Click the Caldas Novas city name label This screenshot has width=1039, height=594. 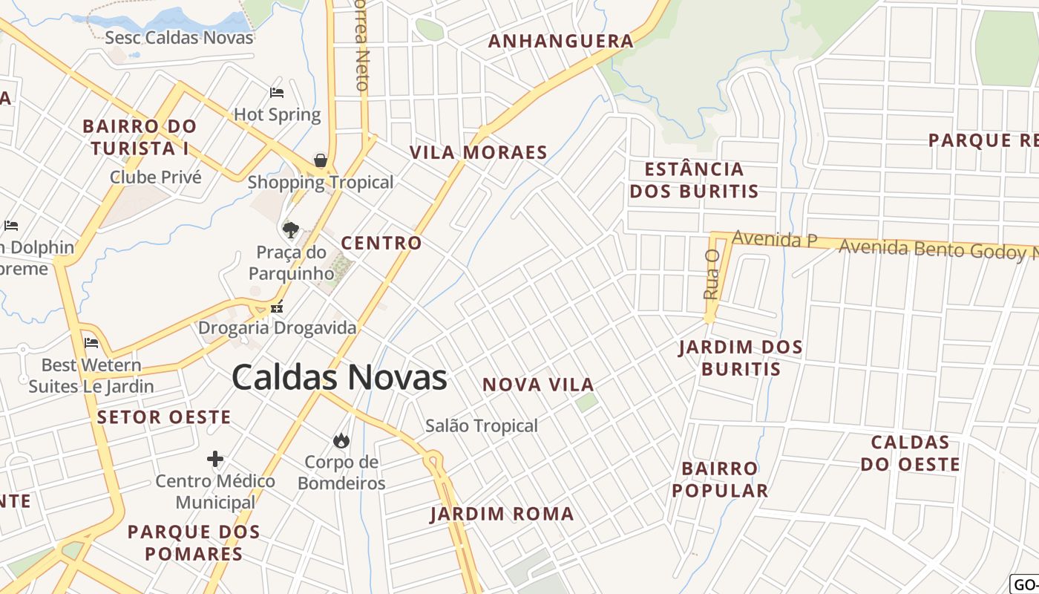[339, 377]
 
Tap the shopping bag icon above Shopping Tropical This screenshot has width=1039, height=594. [321, 160]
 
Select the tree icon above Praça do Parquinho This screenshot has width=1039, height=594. [290, 229]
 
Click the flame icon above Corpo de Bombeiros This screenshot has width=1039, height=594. [341, 440]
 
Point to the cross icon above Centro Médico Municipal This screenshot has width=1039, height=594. [215, 459]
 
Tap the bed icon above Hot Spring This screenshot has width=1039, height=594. [277, 93]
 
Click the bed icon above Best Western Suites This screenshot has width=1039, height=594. [91, 342]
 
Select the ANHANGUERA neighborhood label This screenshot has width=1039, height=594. [560, 41]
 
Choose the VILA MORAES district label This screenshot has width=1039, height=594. [479, 153]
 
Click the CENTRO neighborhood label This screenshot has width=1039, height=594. [381, 243]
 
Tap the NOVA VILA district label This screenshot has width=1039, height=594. [538, 385]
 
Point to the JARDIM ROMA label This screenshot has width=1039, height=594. [502, 514]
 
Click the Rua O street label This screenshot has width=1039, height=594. [712, 274]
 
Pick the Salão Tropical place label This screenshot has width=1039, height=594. [482, 426]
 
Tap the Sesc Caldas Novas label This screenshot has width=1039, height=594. [179, 37]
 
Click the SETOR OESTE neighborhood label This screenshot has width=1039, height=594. [164, 417]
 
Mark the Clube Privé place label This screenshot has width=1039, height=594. [156, 177]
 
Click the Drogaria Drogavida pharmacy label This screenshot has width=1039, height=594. [277, 327]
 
